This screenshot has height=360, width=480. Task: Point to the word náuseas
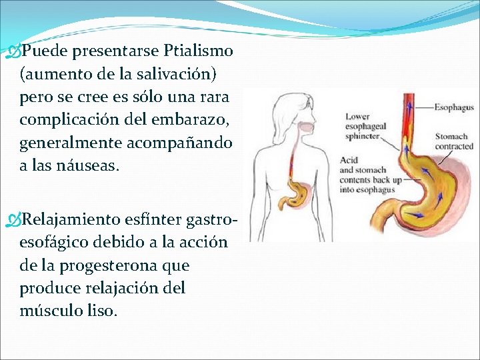point(89,165)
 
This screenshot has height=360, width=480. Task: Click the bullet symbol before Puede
point(13,51)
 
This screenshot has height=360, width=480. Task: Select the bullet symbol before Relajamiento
point(13,219)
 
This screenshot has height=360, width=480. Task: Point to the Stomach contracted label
point(453,141)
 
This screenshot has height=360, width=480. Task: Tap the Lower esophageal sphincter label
point(362,126)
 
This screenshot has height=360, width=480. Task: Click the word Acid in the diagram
point(349,160)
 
